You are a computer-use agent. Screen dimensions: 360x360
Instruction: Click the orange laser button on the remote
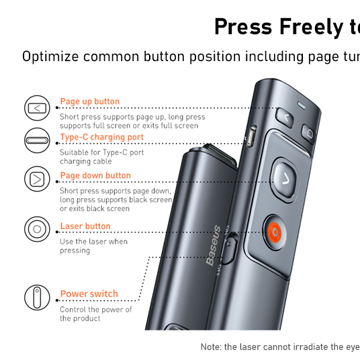coord(275,232)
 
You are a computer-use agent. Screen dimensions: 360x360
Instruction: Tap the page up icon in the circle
coord(37,108)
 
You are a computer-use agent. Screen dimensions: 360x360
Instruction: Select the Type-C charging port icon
coord(37,140)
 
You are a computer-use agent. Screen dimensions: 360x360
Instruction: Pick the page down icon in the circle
coord(37,179)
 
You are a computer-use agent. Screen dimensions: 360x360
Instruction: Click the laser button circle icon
coord(37,229)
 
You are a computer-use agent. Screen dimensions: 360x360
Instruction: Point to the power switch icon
coord(37,298)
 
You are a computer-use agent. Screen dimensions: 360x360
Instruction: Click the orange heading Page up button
coord(90,101)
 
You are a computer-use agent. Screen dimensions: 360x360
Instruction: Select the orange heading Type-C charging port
coord(101,137)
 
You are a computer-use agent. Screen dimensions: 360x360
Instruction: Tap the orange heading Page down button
coord(95,175)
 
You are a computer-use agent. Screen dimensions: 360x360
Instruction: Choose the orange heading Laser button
coord(85,226)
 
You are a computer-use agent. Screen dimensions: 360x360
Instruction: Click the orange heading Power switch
coord(89,294)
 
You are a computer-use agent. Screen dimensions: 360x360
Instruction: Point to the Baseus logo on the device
coord(214,246)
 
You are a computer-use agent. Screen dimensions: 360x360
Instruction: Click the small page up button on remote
coord(285,118)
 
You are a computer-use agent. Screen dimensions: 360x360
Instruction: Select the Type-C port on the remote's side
coord(251,136)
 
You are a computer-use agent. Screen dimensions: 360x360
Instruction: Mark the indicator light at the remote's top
coord(302,105)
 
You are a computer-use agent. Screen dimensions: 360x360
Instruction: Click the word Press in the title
coord(243,27)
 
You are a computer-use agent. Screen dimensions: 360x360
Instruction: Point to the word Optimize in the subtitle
coord(50,56)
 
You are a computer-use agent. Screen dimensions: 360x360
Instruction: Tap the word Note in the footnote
coord(211,347)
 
